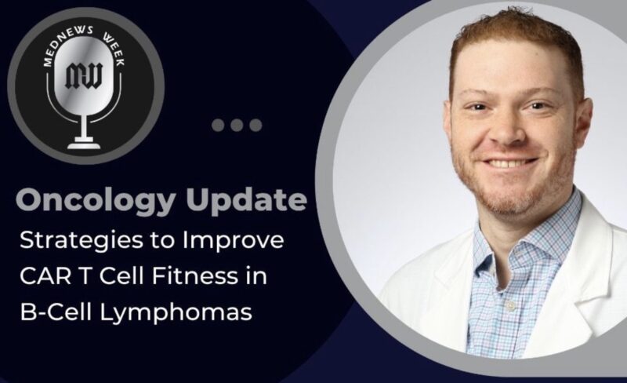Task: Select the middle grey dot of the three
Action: (x=237, y=124)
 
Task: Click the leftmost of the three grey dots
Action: (x=219, y=124)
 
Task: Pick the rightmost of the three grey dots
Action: (x=254, y=124)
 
